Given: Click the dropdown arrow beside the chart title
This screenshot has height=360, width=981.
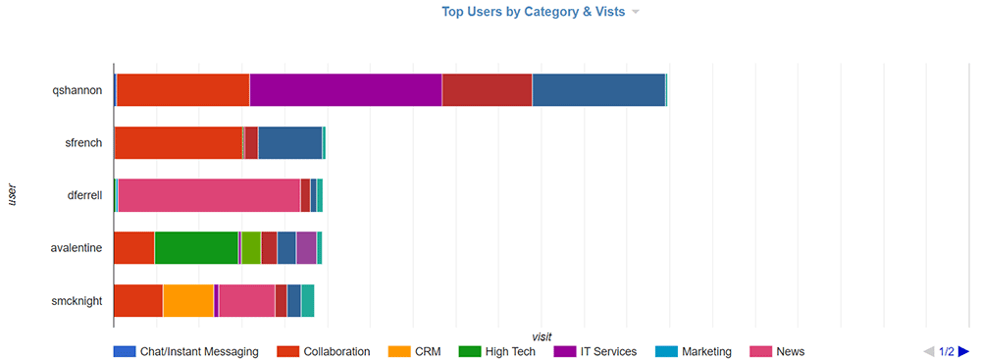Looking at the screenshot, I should tap(636, 13).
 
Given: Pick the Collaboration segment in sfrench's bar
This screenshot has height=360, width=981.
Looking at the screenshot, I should tap(179, 142).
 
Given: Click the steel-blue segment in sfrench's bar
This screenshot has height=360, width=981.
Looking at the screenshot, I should tap(289, 142).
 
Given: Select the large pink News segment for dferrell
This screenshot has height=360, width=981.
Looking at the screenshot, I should tap(209, 195).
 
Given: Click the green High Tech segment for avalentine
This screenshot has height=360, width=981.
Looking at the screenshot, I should tap(196, 247).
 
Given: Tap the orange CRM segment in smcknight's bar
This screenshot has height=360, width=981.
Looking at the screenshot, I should tap(187, 300).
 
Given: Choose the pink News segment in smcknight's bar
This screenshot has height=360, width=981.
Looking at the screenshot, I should tap(246, 300).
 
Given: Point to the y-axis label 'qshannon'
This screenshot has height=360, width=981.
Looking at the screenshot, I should tap(77, 89).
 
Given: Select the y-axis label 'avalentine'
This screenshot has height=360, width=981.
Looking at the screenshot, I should tap(77, 248).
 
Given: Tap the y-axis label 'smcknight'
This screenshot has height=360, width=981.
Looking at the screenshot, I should tap(77, 301).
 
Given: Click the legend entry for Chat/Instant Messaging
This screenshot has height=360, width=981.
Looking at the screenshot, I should tap(186, 351).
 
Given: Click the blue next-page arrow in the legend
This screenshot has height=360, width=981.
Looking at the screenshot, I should tap(963, 351).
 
